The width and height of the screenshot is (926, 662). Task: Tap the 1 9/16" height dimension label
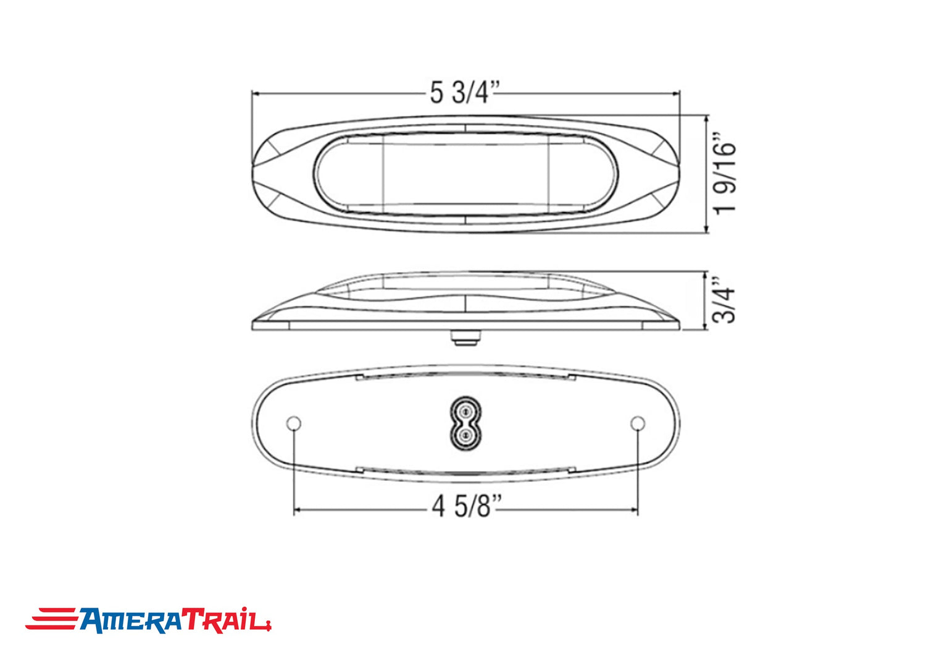[x=725, y=173]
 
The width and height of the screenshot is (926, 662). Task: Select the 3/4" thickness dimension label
[x=724, y=300]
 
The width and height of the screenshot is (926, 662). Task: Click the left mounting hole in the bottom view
[x=293, y=423]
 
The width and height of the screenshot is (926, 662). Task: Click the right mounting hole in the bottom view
[x=638, y=423]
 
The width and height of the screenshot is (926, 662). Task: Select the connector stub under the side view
[x=466, y=337]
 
